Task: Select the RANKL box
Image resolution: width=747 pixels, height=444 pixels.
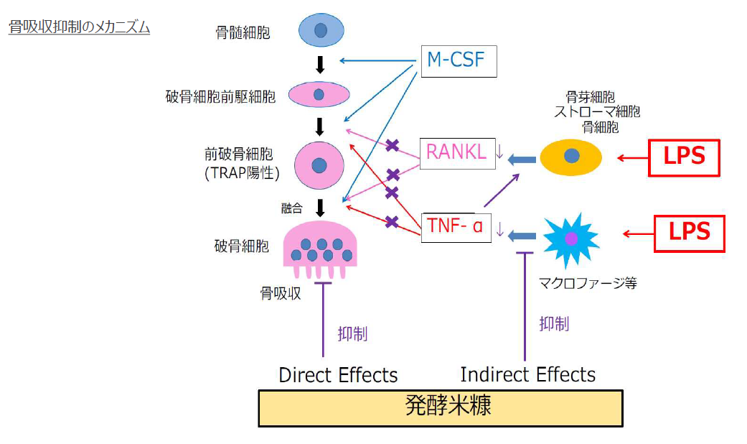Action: (x=457, y=152)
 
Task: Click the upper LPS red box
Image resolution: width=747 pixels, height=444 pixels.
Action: (x=684, y=157)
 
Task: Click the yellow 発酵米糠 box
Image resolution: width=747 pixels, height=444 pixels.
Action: (x=440, y=407)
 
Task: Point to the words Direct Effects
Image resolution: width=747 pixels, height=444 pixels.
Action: (x=338, y=375)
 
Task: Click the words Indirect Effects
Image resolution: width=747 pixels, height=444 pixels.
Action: (x=527, y=375)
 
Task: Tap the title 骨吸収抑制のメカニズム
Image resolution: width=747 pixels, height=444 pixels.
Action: (x=79, y=28)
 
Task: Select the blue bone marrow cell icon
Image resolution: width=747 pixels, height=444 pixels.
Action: (x=320, y=31)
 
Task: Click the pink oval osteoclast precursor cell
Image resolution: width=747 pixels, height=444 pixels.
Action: (x=319, y=94)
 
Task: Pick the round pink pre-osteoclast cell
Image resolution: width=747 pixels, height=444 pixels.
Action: (x=320, y=165)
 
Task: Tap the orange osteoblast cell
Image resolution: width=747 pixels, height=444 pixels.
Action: (x=571, y=157)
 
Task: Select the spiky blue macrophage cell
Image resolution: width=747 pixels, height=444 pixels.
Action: (x=571, y=236)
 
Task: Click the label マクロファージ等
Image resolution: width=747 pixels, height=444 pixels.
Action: (x=587, y=283)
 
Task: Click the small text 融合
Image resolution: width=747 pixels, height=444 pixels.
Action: (x=291, y=209)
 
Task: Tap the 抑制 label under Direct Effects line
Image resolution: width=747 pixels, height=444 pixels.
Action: (x=352, y=333)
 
